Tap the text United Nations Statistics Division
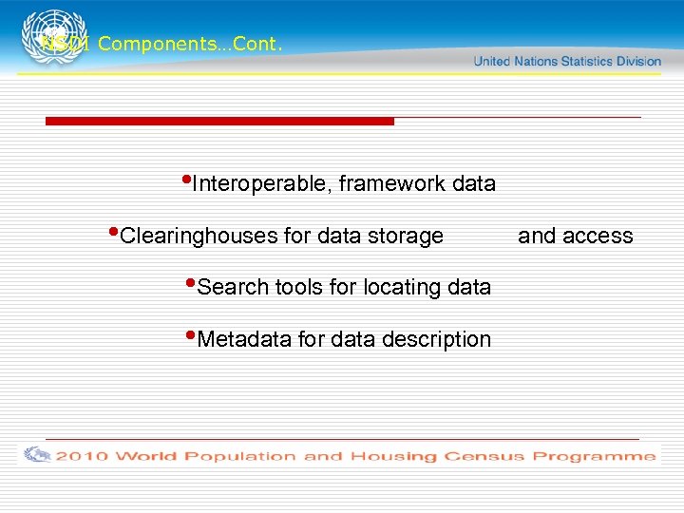click(566, 61)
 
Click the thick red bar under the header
click(218, 121)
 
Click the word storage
click(406, 237)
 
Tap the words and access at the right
click(575, 237)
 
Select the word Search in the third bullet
click(233, 288)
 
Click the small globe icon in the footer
click(37, 454)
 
